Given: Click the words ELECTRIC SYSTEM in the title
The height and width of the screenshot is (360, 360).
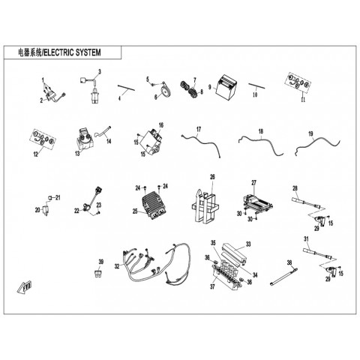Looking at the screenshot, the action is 73,52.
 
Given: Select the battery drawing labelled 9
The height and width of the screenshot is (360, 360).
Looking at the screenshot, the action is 226,88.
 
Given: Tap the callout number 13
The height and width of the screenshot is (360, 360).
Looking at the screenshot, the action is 77,153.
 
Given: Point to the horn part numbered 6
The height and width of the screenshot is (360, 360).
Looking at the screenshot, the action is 166,91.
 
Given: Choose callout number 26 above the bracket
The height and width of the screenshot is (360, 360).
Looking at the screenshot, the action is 212,177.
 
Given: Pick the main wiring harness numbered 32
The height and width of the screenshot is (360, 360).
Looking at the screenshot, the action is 156,262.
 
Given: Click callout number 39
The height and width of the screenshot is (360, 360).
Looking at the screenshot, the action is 101,262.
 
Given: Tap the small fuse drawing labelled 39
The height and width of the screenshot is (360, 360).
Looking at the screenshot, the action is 97,274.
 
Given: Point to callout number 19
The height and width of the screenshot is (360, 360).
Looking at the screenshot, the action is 310,134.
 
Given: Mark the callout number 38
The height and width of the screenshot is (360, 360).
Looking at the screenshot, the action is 289,262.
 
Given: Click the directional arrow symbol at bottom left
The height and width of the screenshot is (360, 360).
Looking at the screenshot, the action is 25,287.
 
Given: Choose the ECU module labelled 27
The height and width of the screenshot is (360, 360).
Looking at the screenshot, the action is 257,202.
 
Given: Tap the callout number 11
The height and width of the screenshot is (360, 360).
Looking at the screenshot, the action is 303,100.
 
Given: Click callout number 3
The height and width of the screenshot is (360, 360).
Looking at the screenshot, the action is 100,72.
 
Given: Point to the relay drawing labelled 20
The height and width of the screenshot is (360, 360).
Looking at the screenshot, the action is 46,209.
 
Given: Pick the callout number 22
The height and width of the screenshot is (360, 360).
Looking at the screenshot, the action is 76,211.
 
